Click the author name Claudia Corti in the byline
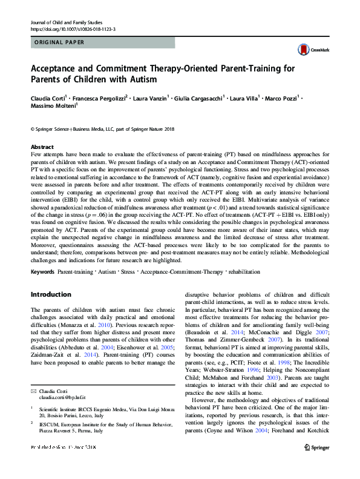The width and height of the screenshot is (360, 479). click(49, 97)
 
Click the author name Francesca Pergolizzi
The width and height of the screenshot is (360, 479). click(97, 97)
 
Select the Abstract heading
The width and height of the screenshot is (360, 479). click(42, 147)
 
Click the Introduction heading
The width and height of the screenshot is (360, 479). click(51, 294)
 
